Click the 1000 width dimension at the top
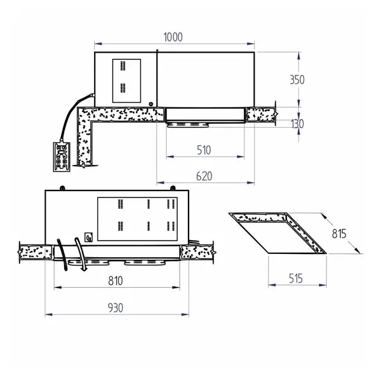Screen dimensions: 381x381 click(x=173, y=37)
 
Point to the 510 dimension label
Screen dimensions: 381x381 click(x=203, y=150)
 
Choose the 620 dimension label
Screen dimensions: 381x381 click(x=203, y=176)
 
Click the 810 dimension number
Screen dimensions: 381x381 click(x=115, y=281)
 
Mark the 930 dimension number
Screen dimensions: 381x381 click(x=115, y=307)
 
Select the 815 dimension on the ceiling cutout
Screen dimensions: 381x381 click(x=338, y=233)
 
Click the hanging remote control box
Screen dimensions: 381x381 click(x=62, y=156)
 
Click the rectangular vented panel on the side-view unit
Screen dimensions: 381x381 click(x=126, y=81)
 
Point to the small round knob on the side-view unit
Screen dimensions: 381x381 click(x=151, y=104)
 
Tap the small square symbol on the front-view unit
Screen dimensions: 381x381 click(x=89, y=237)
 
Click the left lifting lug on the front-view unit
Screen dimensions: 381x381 click(x=63, y=187)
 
